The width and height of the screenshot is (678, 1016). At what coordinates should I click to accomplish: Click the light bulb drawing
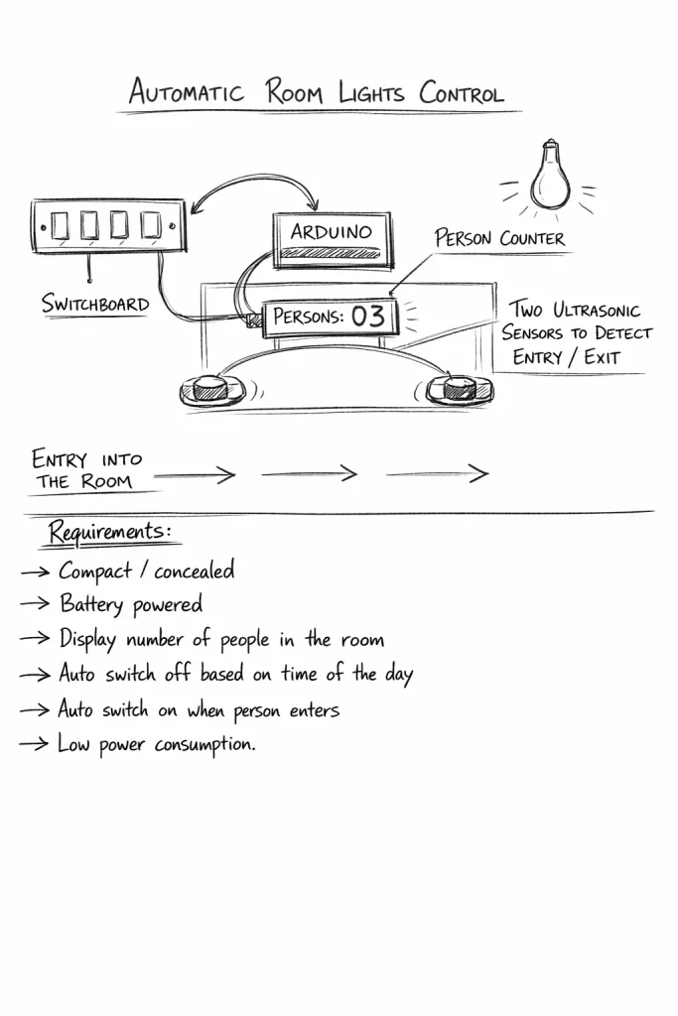[550, 176]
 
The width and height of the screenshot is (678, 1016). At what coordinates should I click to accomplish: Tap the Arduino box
[332, 239]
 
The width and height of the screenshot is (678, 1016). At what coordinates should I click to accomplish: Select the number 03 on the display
[368, 317]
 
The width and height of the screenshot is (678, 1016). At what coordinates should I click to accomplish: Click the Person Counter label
[499, 238]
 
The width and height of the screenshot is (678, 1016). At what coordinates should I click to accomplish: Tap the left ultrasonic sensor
[210, 389]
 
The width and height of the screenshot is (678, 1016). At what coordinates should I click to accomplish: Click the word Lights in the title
[372, 93]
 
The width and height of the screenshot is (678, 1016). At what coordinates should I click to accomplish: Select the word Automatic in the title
[186, 92]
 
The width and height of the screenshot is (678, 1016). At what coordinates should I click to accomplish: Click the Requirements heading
[109, 533]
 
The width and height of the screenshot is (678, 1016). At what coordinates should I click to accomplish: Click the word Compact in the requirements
[95, 571]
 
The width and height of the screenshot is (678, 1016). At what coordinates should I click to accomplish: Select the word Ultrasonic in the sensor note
[596, 310]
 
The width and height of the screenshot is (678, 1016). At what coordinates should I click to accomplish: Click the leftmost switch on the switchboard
[62, 226]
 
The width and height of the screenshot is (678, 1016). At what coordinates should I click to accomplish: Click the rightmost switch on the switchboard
[152, 226]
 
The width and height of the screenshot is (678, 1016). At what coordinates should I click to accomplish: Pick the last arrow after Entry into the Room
[438, 474]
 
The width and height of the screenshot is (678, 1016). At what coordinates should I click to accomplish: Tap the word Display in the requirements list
[89, 639]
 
